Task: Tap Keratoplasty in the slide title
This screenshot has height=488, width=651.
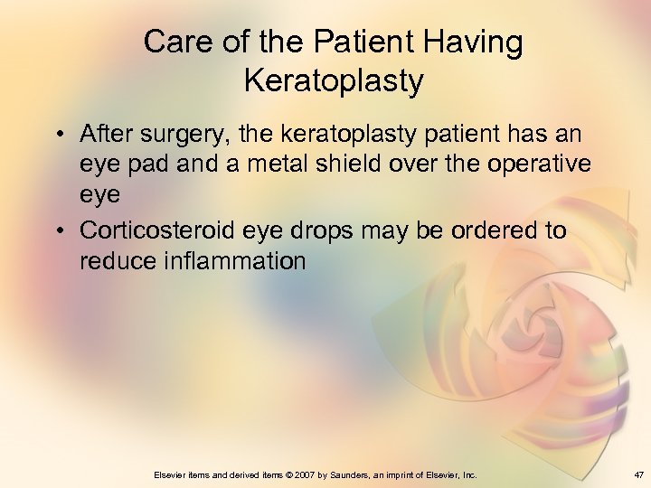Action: point(333,81)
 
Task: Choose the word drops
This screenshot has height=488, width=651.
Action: point(322,231)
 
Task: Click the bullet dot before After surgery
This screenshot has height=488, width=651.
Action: point(58,136)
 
